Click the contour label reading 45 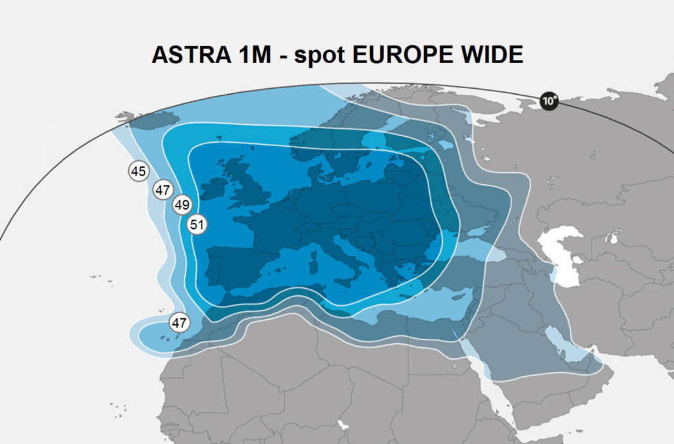138,172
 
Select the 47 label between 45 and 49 163,190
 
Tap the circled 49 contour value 182,205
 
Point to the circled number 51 197,224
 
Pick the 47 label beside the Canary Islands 179,323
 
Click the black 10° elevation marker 549,101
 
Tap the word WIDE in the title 491,55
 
